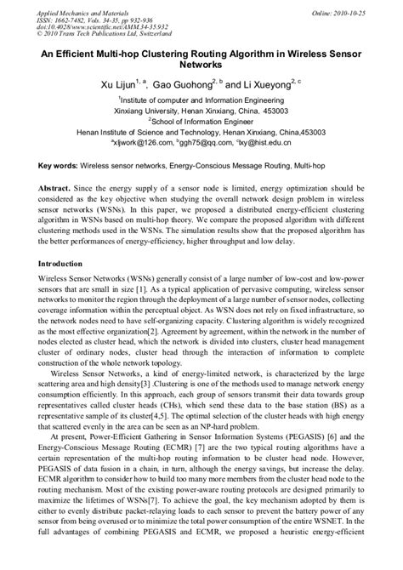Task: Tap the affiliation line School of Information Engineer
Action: (x=201, y=122)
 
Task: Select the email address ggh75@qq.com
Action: (x=216, y=145)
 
